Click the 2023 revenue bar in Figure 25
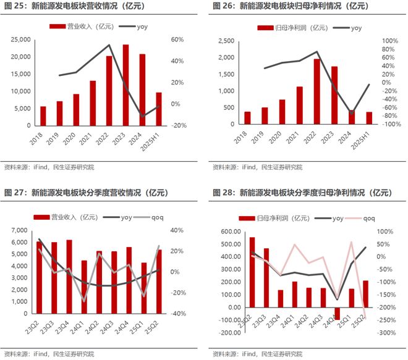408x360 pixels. [125, 85]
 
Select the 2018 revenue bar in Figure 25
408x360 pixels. [43, 115]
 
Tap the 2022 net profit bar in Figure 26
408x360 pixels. [317, 92]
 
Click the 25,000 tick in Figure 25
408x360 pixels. [20, 40]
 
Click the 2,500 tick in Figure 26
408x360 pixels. [226, 41]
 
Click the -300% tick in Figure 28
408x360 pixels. [387, 333]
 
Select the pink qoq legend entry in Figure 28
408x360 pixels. [362, 218]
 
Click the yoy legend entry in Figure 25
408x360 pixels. [138, 27]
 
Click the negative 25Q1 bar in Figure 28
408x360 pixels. [337, 313]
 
